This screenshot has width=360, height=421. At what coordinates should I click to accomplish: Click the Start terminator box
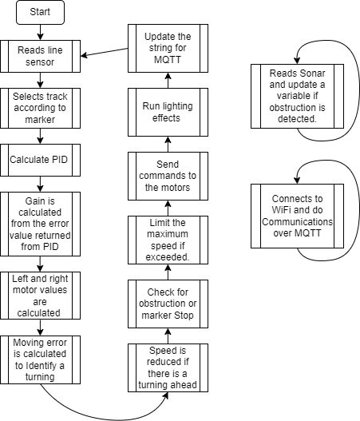point(39,13)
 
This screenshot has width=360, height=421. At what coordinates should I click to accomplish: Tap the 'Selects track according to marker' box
point(39,108)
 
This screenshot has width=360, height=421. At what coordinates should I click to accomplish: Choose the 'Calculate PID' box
point(39,160)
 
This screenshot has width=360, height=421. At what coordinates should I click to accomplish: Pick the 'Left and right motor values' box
point(39,296)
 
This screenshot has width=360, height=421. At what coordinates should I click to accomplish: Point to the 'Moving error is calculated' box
point(39,359)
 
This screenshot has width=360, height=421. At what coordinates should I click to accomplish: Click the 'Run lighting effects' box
point(168,111)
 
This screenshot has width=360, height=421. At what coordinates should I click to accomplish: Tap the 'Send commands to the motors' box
point(168,176)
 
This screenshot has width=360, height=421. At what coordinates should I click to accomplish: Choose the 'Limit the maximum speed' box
point(168,240)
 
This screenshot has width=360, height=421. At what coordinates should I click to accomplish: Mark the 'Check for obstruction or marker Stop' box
point(168,304)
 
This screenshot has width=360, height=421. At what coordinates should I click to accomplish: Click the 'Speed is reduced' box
point(168,367)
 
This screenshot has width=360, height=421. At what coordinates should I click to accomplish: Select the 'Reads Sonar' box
point(298,96)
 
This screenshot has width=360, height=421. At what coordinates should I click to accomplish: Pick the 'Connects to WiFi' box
point(298,216)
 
